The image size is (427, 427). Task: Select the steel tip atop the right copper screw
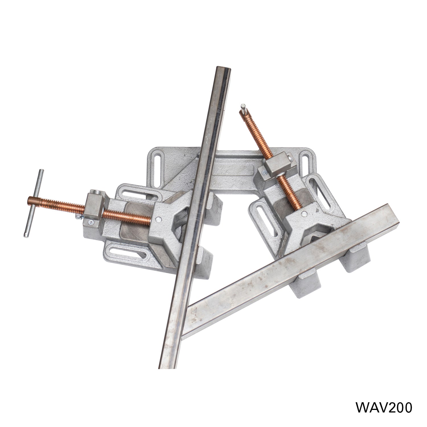point(243,108)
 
